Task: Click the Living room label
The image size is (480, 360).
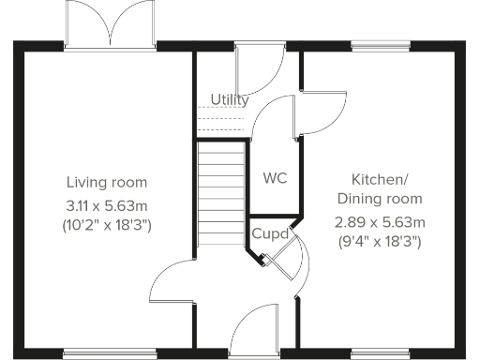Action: (107, 181)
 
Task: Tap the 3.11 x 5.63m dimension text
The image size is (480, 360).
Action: (107, 203)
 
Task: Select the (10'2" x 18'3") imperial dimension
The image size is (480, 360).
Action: (107, 225)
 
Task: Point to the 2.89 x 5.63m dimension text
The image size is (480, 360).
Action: (380, 222)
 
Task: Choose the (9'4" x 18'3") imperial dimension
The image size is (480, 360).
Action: (380, 242)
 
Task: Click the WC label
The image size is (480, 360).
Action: (275, 177)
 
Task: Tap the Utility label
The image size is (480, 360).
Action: (230, 99)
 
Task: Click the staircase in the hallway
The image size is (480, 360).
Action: (222, 193)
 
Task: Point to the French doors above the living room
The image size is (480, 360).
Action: (111, 24)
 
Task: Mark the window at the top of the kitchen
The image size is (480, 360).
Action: (380, 43)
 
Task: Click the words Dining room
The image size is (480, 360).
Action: (380, 199)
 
